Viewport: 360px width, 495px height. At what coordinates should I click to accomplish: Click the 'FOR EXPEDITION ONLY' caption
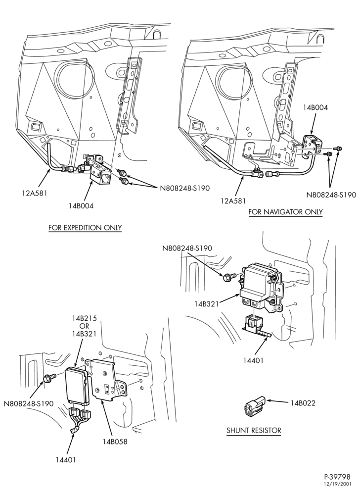point(85,228)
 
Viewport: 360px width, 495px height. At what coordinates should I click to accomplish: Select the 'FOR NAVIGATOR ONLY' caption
point(286,211)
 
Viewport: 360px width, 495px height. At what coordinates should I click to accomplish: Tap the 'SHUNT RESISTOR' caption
point(254,430)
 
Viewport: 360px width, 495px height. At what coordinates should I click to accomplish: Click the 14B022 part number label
point(303,403)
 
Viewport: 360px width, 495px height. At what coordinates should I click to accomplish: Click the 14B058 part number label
point(115,442)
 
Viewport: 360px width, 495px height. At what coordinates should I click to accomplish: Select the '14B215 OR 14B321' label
point(85,326)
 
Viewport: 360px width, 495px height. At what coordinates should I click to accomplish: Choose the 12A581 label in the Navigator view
point(233,201)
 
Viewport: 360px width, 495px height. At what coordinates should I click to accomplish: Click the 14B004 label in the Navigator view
point(315,107)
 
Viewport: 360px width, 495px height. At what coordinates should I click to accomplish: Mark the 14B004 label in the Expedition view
point(81,206)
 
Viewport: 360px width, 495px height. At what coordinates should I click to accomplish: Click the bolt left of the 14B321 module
point(229,278)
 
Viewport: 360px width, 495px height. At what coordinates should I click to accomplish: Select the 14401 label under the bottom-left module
point(66,460)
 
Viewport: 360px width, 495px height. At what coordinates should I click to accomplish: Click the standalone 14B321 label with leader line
point(207,304)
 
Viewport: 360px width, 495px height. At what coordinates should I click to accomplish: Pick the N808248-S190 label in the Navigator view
point(331,195)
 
